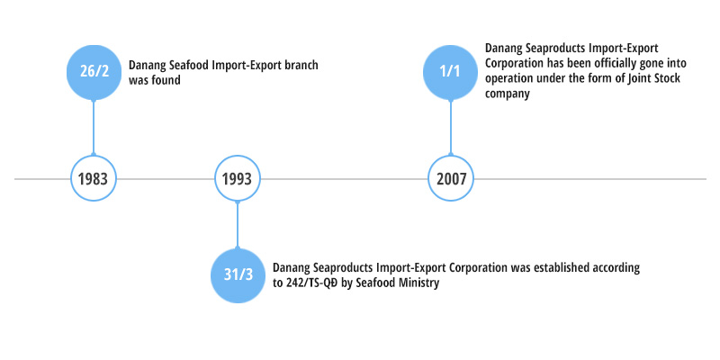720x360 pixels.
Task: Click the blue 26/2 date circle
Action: [x=94, y=72]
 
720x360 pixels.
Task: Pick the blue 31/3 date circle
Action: [x=238, y=275]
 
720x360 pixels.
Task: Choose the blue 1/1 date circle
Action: [x=451, y=72]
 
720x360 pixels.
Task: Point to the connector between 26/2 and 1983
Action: [x=94, y=127]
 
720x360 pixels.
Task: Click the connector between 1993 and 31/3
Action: [x=238, y=224]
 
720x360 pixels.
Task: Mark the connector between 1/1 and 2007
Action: [x=451, y=127]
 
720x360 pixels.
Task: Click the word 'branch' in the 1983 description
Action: [x=301, y=65]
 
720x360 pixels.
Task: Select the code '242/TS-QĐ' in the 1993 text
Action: [x=311, y=283]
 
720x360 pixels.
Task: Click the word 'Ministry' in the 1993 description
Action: [x=418, y=283]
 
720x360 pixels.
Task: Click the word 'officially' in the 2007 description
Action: [x=595, y=63]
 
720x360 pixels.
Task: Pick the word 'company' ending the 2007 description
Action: [x=508, y=94]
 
